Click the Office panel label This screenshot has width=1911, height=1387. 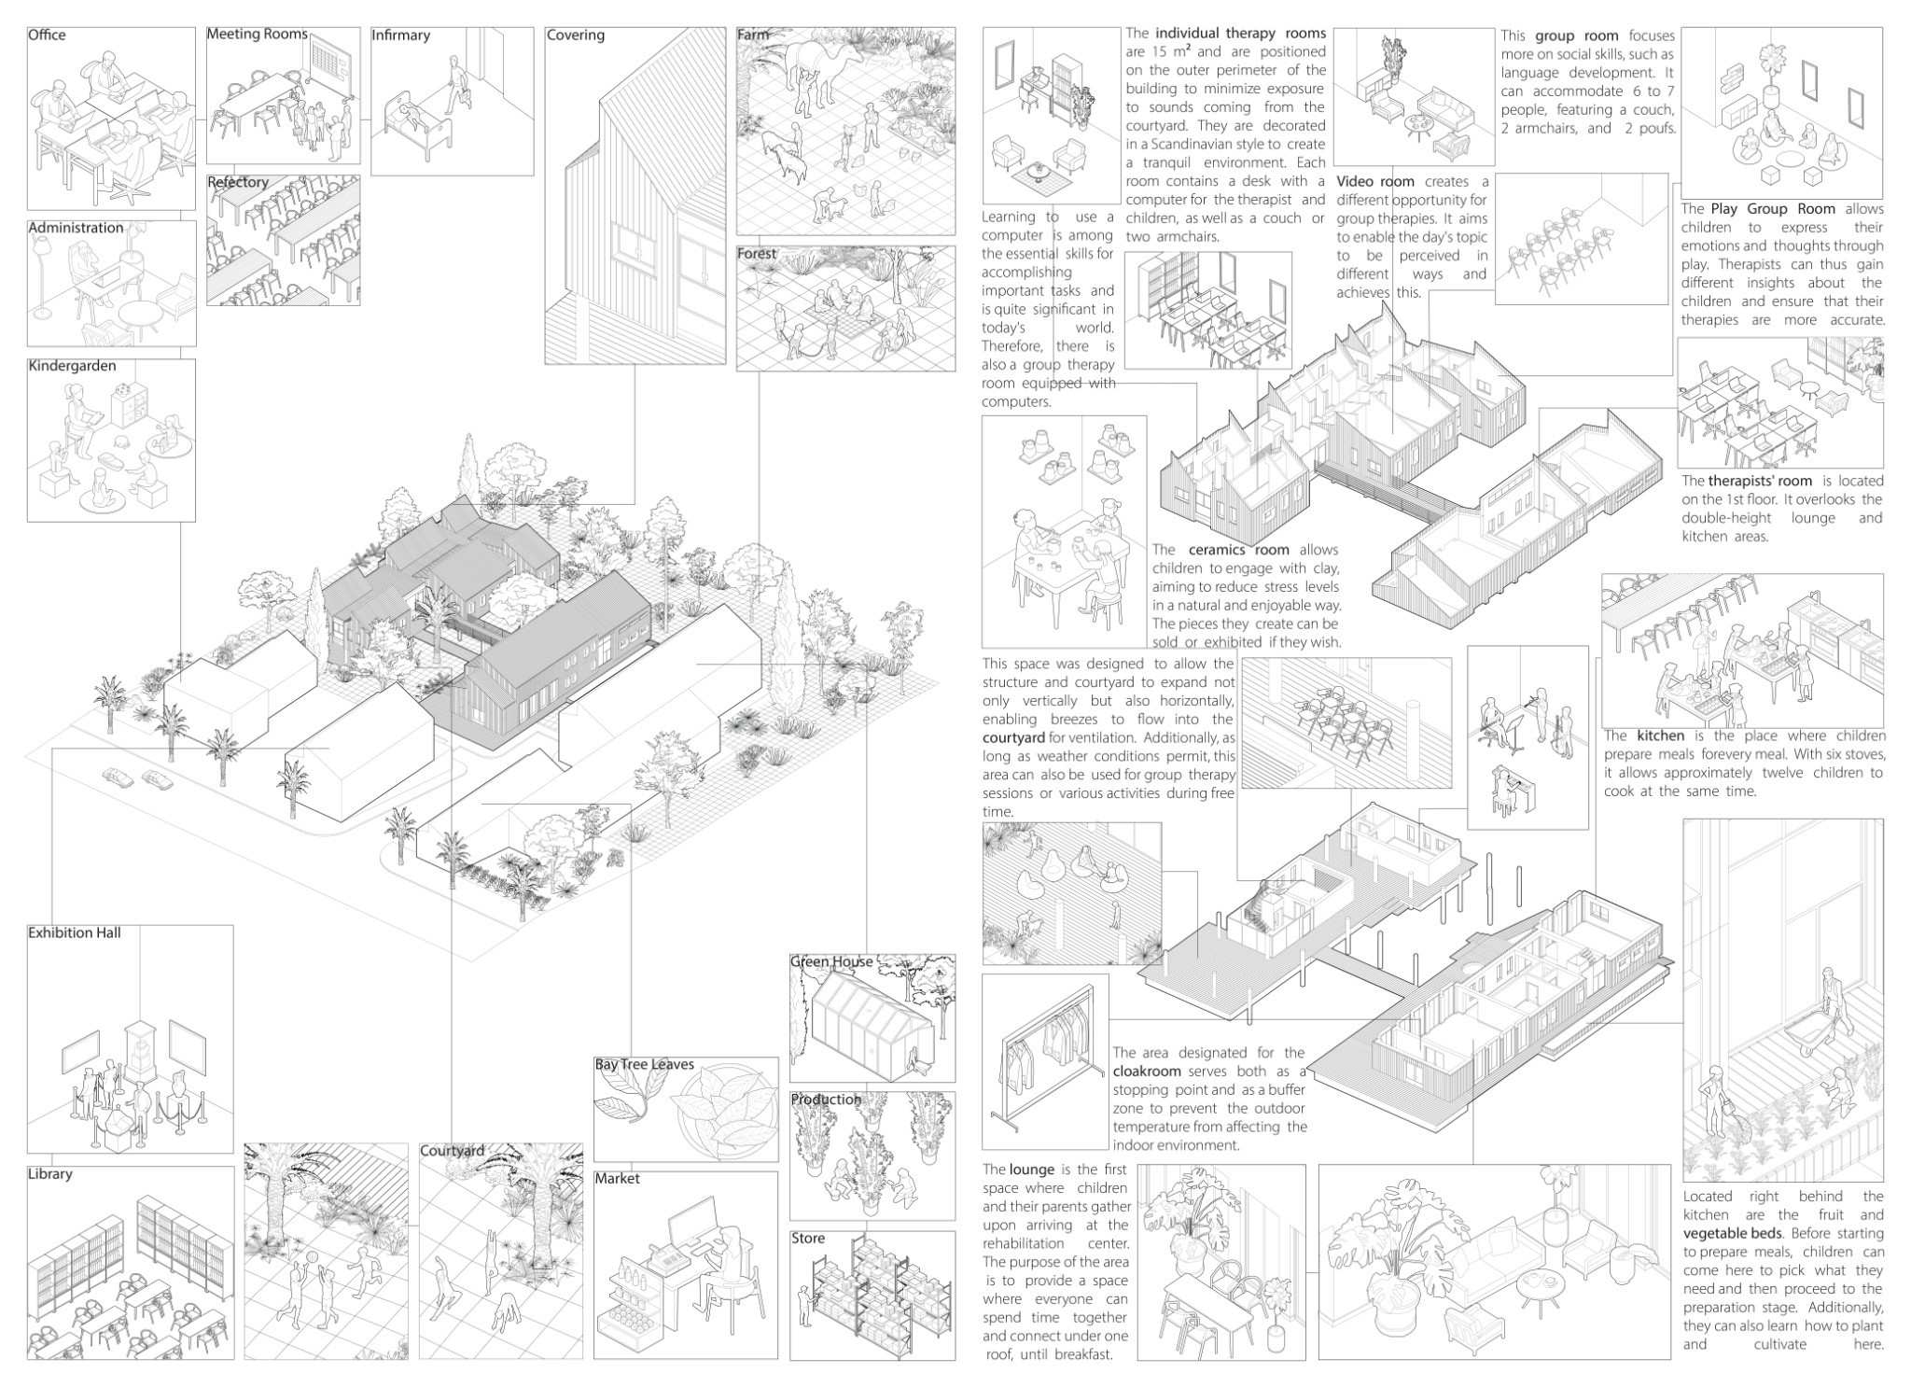[x=47, y=35]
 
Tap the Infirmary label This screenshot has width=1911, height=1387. [x=400, y=35]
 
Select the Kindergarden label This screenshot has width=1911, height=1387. [x=72, y=366]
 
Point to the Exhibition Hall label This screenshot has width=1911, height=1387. [x=74, y=932]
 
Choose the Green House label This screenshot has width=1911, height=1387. [x=831, y=961]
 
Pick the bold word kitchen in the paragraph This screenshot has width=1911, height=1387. [x=1660, y=736]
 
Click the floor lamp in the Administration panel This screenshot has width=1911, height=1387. [x=42, y=271]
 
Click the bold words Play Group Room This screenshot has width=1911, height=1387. [x=1772, y=209]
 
